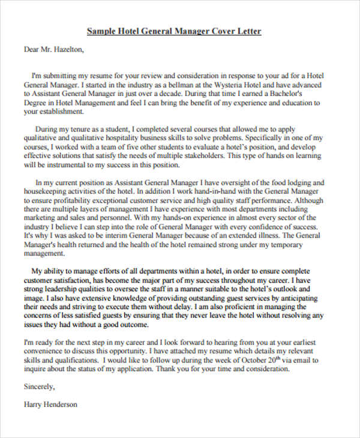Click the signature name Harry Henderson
[x=50, y=404]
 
